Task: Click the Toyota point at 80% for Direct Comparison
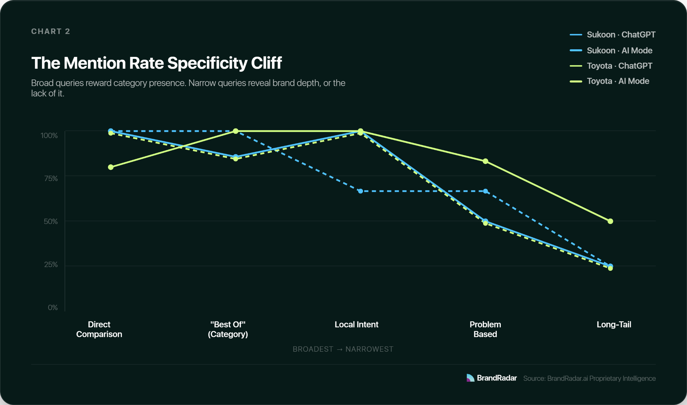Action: (x=111, y=167)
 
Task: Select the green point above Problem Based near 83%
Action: (x=485, y=161)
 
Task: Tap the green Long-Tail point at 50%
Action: (x=610, y=221)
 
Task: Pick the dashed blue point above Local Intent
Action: (x=361, y=191)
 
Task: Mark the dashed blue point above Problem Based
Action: (x=485, y=191)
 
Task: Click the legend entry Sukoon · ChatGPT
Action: (x=613, y=35)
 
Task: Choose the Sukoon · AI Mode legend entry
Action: (x=611, y=50)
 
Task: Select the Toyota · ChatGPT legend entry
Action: (x=611, y=66)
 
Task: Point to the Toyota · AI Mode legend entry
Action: (x=610, y=81)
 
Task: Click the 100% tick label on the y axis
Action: (x=49, y=135)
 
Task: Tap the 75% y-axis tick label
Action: (x=51, y=178)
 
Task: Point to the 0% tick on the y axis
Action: (x=53, y=307)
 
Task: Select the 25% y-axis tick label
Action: (x=51, y=265)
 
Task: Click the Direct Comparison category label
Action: (x=99, y=329)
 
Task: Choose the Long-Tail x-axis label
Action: (x=614, y=325)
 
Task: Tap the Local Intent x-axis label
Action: (x=356, y=325)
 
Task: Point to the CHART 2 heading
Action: (x=51, y=32)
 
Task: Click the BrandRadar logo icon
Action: (x=470, y=378)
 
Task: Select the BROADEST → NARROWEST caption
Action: (x=343, y=349)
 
